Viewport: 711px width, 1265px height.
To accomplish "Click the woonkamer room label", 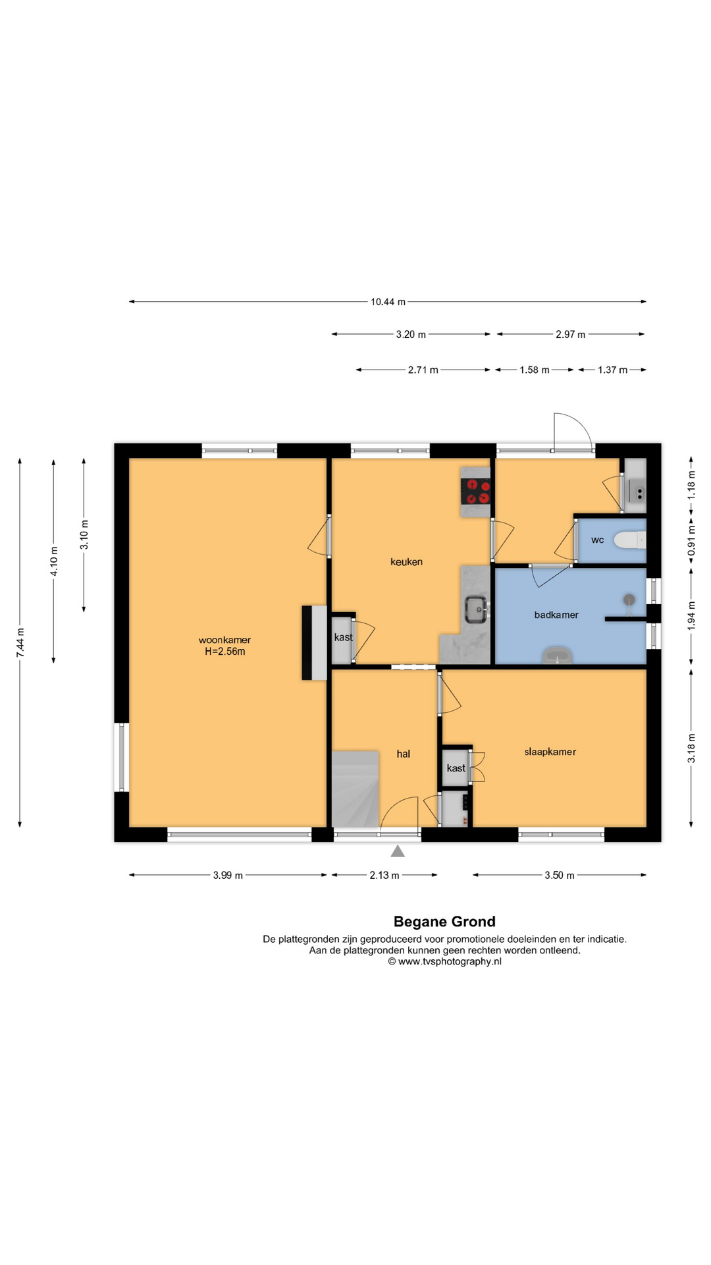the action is [x=224, y=640].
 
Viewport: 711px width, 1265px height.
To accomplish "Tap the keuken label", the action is [x=406, y=562].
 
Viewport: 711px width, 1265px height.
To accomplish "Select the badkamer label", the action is [x=556, y=615].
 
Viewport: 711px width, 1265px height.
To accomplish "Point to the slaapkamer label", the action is [x=550, y=752].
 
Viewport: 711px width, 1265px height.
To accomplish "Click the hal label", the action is [x=404, y=754].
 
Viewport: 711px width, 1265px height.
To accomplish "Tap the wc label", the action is [x=598, y=540].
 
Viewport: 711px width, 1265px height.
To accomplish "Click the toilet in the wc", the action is [x=630, y=540].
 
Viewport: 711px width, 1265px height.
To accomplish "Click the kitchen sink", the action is [x=476, y=609].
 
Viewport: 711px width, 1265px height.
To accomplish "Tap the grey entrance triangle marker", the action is [x=398, y=851].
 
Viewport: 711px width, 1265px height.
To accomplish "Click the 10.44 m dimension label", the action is [x=388, y=302].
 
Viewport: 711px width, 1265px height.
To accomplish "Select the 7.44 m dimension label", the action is [x=20, y=642].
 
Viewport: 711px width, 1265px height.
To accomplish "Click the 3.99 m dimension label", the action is [x=228, y=876].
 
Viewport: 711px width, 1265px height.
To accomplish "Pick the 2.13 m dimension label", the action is [x=384, y=876].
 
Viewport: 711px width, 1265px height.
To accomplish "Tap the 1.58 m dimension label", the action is [x=535, y=370].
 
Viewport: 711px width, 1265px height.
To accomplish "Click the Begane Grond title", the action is [x=444, y=922].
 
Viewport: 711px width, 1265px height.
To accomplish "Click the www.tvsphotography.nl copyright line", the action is [x=444, y=961].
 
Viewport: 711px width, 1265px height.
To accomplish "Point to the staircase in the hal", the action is [x=355, y=789].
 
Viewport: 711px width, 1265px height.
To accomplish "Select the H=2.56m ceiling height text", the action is [x=225, y=652].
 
